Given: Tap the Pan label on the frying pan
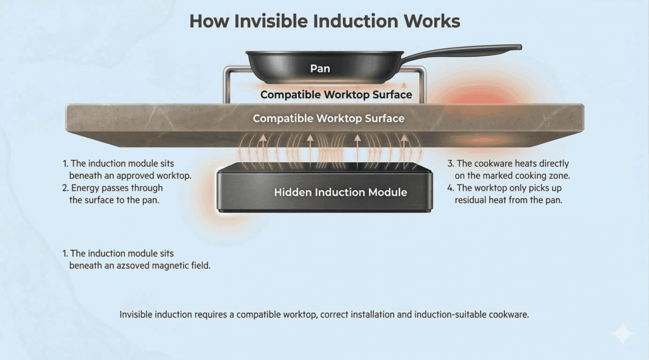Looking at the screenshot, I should [320, 68].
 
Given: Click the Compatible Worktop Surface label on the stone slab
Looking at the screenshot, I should [328, 119].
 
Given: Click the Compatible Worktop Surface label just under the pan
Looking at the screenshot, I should [336, 95].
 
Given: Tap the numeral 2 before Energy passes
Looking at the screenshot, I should [65, 188].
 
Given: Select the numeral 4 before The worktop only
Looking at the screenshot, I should [450, 188].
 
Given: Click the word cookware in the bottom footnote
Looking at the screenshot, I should [508, 314].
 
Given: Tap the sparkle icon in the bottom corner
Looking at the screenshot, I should [623, 335].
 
